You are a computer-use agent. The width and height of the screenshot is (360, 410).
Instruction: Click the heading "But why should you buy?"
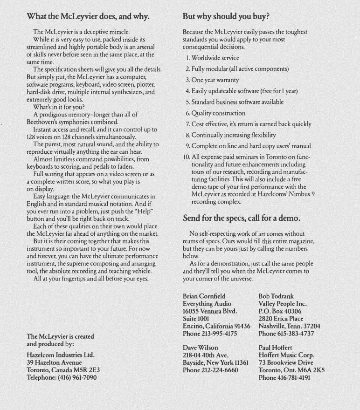click(x=226, y=16)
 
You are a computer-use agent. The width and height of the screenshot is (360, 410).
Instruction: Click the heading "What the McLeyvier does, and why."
click(x=88, y=16)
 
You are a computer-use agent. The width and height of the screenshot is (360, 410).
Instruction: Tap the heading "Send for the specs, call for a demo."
click(x=241, y=218)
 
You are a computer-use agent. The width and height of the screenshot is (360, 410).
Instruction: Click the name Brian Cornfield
click(x=204, y=296)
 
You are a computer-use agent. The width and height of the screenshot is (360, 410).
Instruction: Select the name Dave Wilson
click(x=201, y=348)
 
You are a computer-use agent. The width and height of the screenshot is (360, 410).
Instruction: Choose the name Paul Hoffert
click(x=275, y=348)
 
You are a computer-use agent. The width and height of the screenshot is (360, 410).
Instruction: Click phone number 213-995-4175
click(x=220, y=334)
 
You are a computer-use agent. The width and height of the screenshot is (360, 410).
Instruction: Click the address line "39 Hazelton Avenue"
click(x=54, y=362)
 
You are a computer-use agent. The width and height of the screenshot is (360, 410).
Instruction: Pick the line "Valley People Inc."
click(x=283, y=303)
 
